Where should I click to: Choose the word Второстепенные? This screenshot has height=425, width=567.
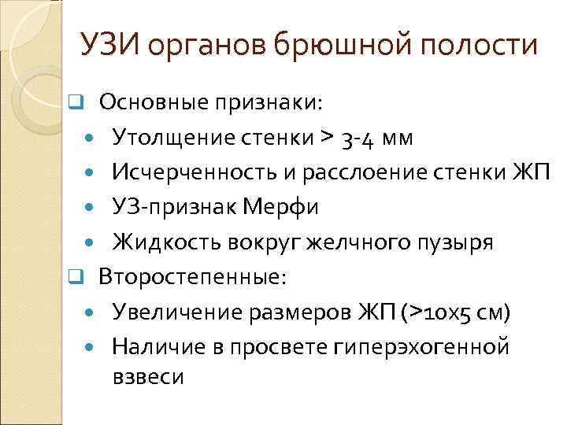[x=193, y=277]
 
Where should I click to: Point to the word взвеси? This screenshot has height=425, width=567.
[x=148, y=377]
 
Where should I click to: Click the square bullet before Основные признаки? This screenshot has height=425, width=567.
[x=75, y=103]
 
